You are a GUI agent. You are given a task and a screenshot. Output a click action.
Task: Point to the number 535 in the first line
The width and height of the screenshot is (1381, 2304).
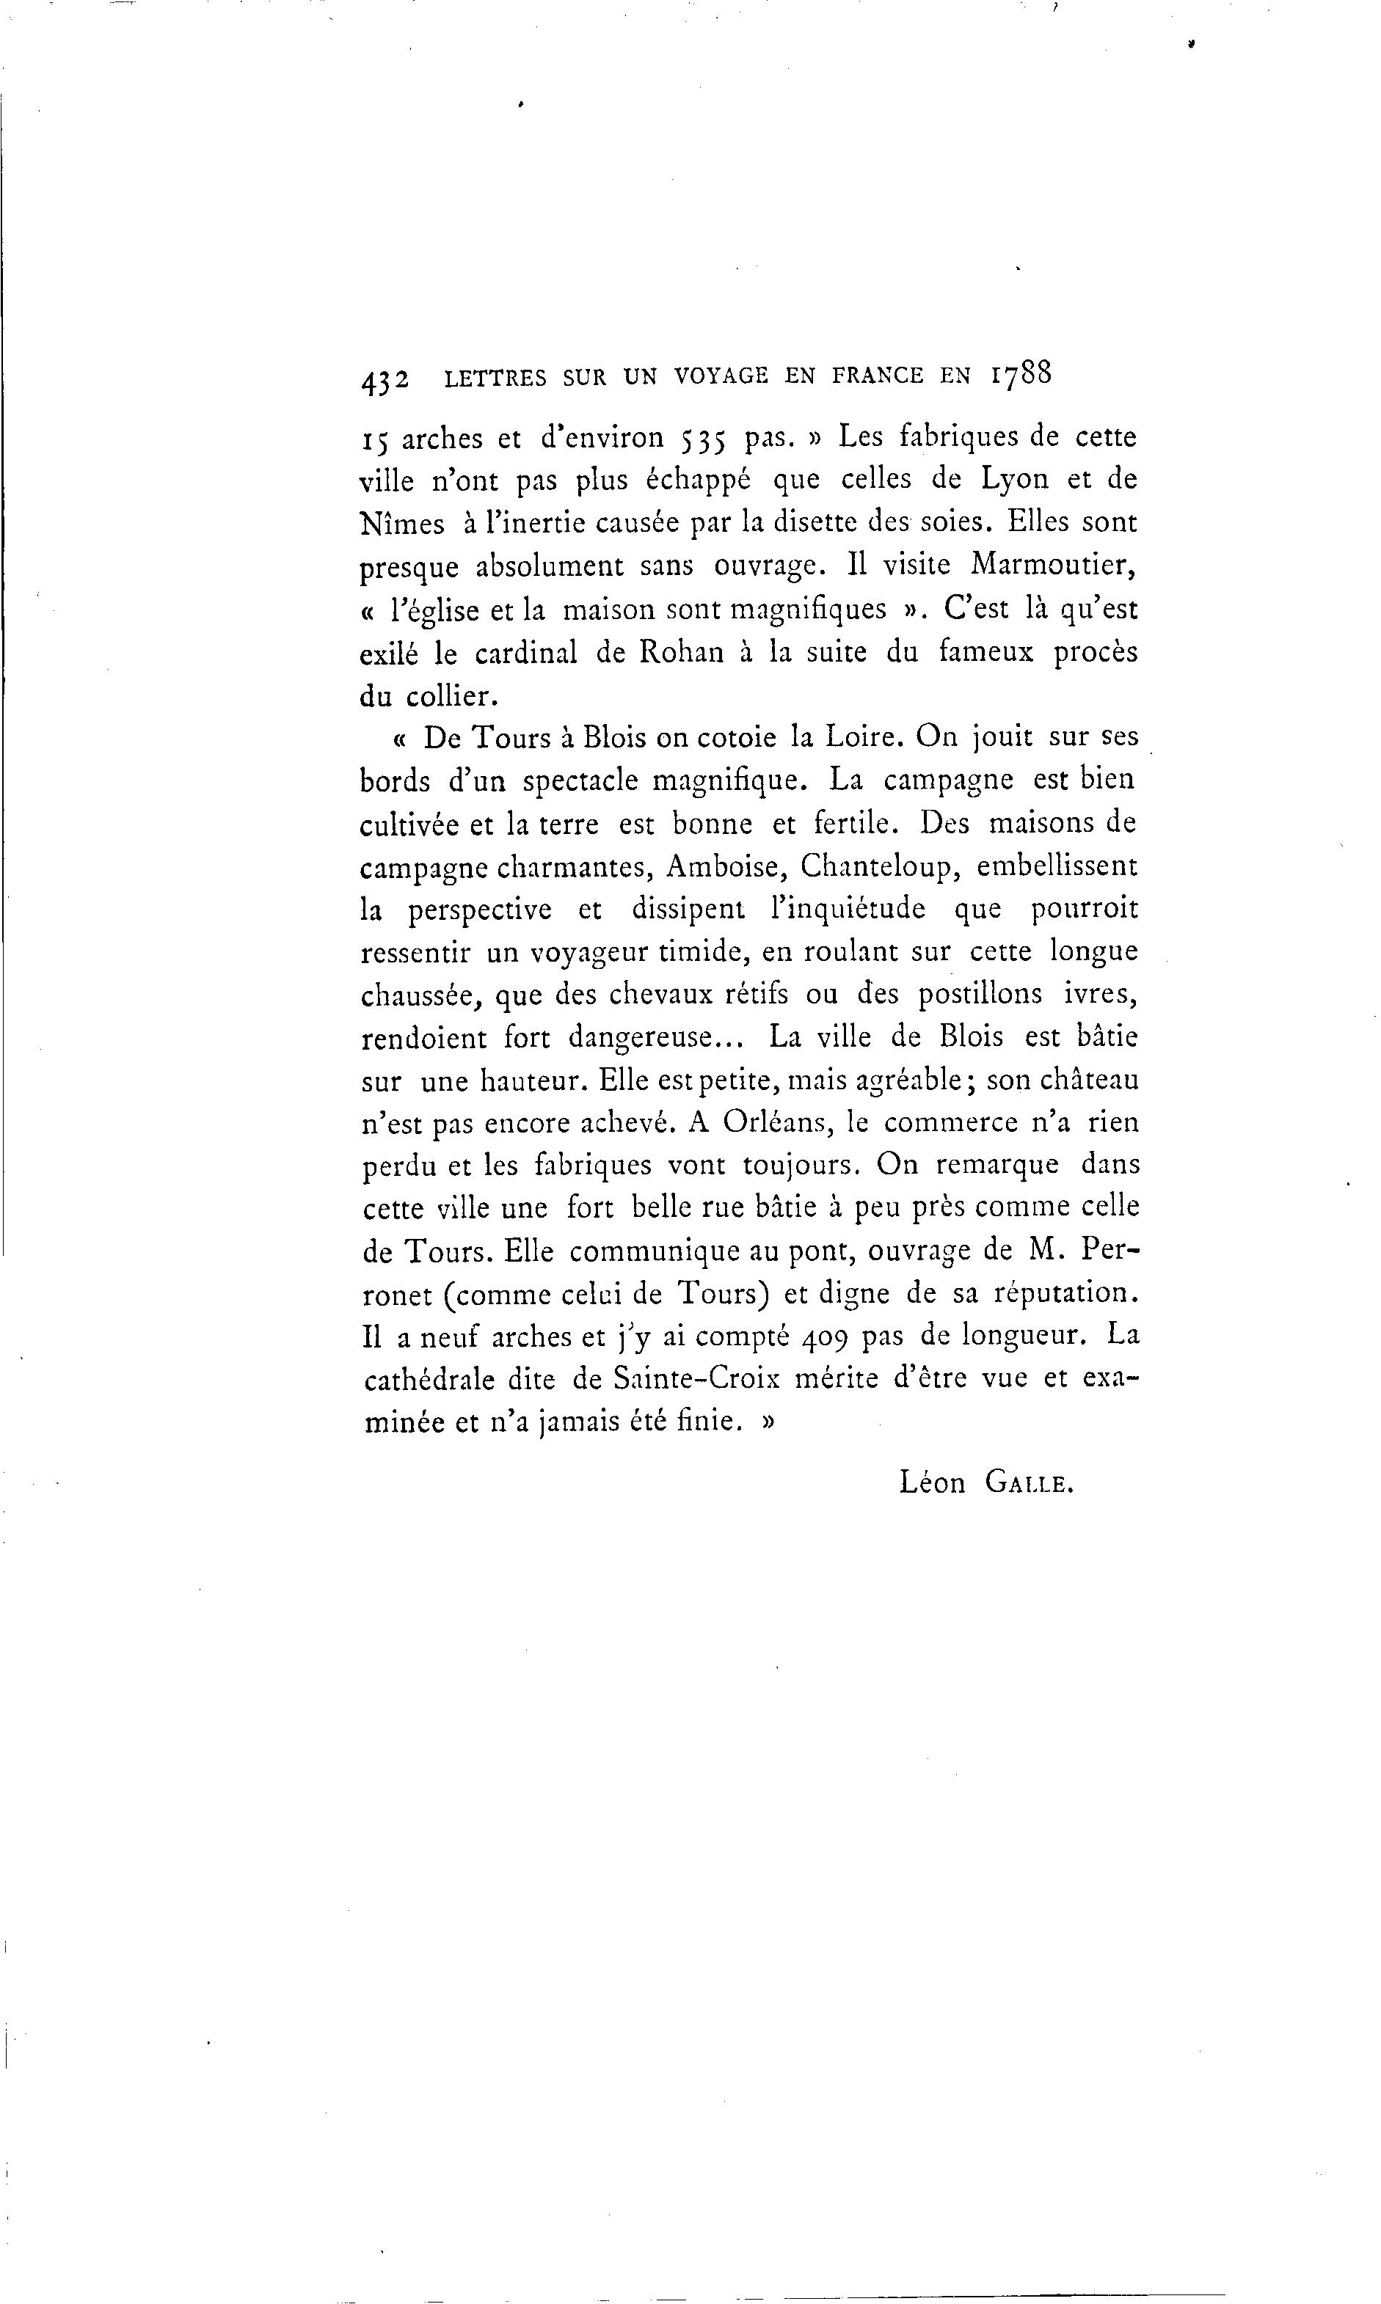pyautogui.click(x=702, y=438)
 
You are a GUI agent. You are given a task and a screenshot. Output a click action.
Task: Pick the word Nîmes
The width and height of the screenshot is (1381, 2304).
pyautogui.click(x=402, y=524)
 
